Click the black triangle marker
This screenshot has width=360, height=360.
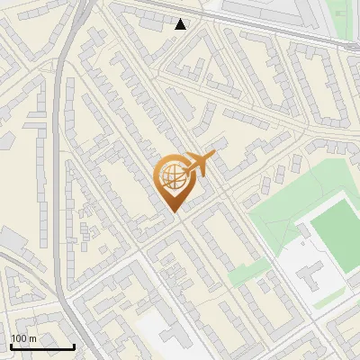tap(181, 24)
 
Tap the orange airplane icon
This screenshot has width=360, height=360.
tap(197, 165)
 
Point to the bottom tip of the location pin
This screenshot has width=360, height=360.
tap(177, 212)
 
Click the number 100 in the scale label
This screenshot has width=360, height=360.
tap(19, 338)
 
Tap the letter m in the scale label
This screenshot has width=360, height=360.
tap(32, 338)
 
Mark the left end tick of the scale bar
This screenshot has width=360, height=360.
tap(10, 346)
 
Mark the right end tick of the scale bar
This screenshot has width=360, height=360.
tap(74, 346)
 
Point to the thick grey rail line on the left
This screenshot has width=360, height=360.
tap(60, 180)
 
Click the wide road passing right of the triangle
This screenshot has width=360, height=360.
tap(234, 28)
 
